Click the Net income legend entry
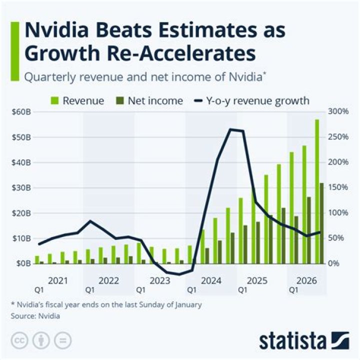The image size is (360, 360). [148, 100]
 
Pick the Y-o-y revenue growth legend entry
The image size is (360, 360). [250, 100]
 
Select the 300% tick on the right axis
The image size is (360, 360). [338, 111]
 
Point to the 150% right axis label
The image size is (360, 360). [338, 187]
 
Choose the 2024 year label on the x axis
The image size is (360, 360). [210, 280]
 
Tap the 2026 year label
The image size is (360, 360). [306, 280]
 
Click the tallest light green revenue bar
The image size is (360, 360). [316, 190]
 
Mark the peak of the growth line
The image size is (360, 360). [231, 129]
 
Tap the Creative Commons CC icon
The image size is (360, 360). [19, 340]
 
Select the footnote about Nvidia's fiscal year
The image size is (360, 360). [106, 304]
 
